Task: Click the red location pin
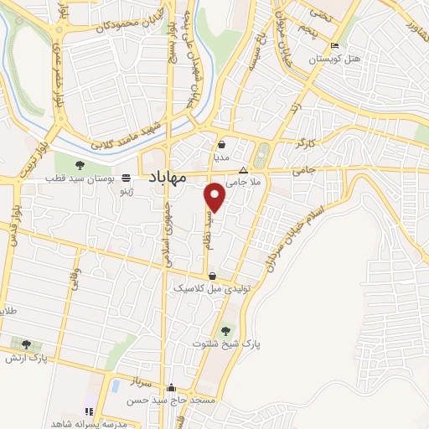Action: coord(216,196)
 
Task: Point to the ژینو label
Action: coord(127,192)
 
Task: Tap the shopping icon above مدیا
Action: coord(220,144)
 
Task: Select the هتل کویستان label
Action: coord(334,59)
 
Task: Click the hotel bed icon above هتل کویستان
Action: coord(335,45)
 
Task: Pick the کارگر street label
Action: coord(308,145)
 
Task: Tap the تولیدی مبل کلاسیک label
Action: coord(213,287)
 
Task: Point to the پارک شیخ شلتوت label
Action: coord(226,344)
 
